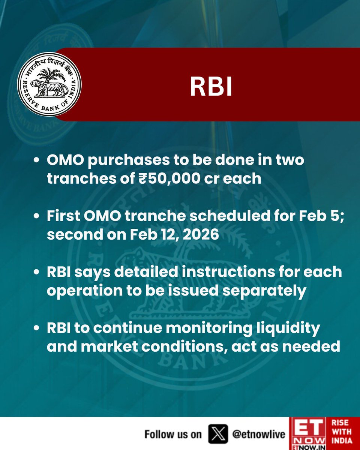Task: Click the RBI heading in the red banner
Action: pyautogui.click(x=211, y=87)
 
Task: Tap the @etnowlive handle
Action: pyautogui.click(x=259, y=434)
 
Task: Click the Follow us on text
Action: pyautogui.click(x=173, y=434)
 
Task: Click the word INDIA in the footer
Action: pyautogui.click(x=342, y=442)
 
